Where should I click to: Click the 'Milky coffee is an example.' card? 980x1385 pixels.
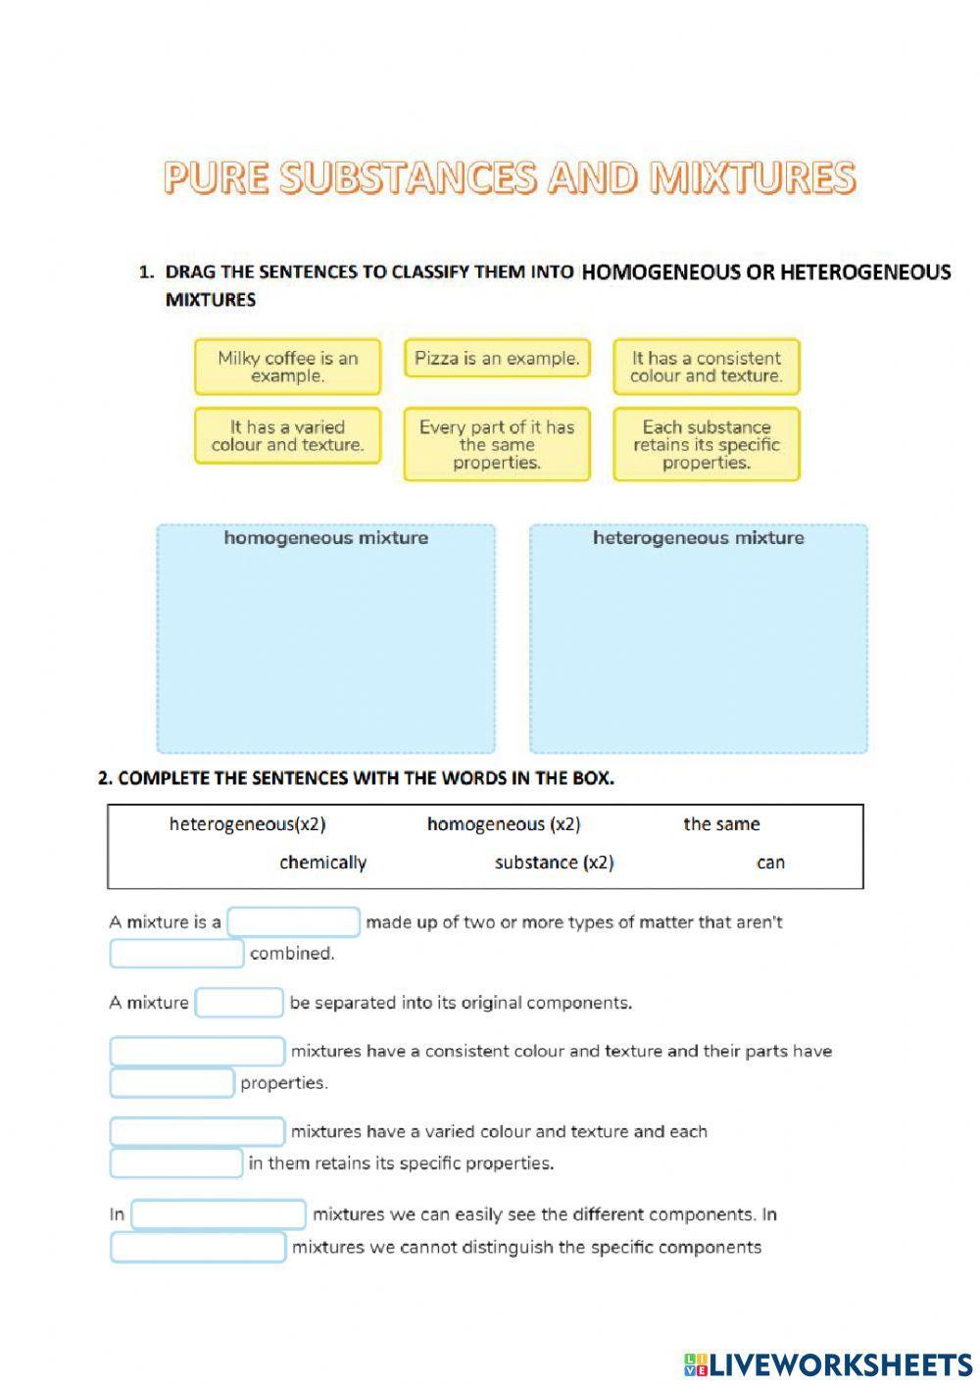[287, 367]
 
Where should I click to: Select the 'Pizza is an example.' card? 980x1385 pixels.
[497, 359]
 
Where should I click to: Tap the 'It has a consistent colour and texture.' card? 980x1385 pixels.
[706, 367]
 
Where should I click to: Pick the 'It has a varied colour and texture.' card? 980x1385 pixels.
[287, 435]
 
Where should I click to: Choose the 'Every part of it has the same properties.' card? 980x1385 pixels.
[497, 444]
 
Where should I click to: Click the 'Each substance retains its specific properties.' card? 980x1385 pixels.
[706, 444]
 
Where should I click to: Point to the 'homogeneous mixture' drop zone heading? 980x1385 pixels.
[325, 538]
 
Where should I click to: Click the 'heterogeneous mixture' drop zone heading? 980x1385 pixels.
[698, 538]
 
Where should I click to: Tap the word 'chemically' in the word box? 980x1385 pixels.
[322, 863]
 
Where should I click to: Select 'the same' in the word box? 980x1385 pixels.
[721, 824]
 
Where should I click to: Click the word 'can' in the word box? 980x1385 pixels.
[770, 863]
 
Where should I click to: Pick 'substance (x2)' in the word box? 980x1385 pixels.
[554, 863]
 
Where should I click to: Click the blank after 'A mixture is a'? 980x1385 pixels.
[294, 922]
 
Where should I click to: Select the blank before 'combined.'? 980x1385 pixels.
[176, 954]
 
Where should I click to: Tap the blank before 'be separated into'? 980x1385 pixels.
[239, 1003]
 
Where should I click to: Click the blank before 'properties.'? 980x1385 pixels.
[171, 1083]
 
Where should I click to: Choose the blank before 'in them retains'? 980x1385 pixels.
[175, 1163]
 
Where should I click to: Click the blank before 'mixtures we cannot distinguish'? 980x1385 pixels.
[198, 1248]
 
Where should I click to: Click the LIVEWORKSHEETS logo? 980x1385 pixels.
[827, 1363]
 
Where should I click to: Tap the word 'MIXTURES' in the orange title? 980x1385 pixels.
[753, 177]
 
